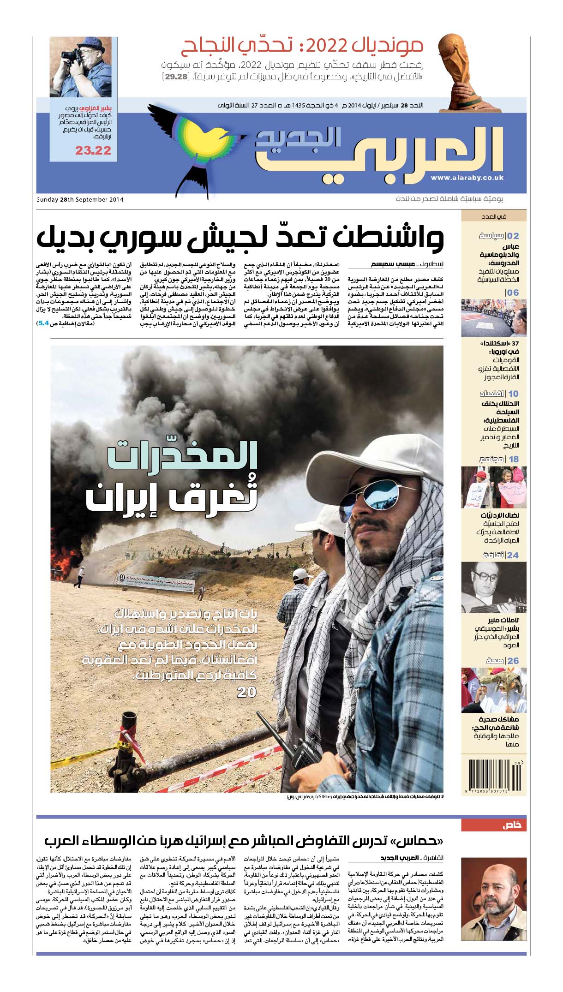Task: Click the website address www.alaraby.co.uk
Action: tap(467, 178)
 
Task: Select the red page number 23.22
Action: tap(93, 150)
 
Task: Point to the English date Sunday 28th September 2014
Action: tap(80, 200)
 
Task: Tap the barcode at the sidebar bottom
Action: tap(493, 777)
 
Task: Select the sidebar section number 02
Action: tap(513, 236)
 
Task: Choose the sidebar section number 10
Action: tap(513, 394)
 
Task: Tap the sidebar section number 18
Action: tap(513, 459)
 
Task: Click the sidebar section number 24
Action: tap(513, 555)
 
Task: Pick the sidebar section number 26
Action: tap(513, 661)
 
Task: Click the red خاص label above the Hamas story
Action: tap(512, 825)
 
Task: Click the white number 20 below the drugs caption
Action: tap(246, 692)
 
